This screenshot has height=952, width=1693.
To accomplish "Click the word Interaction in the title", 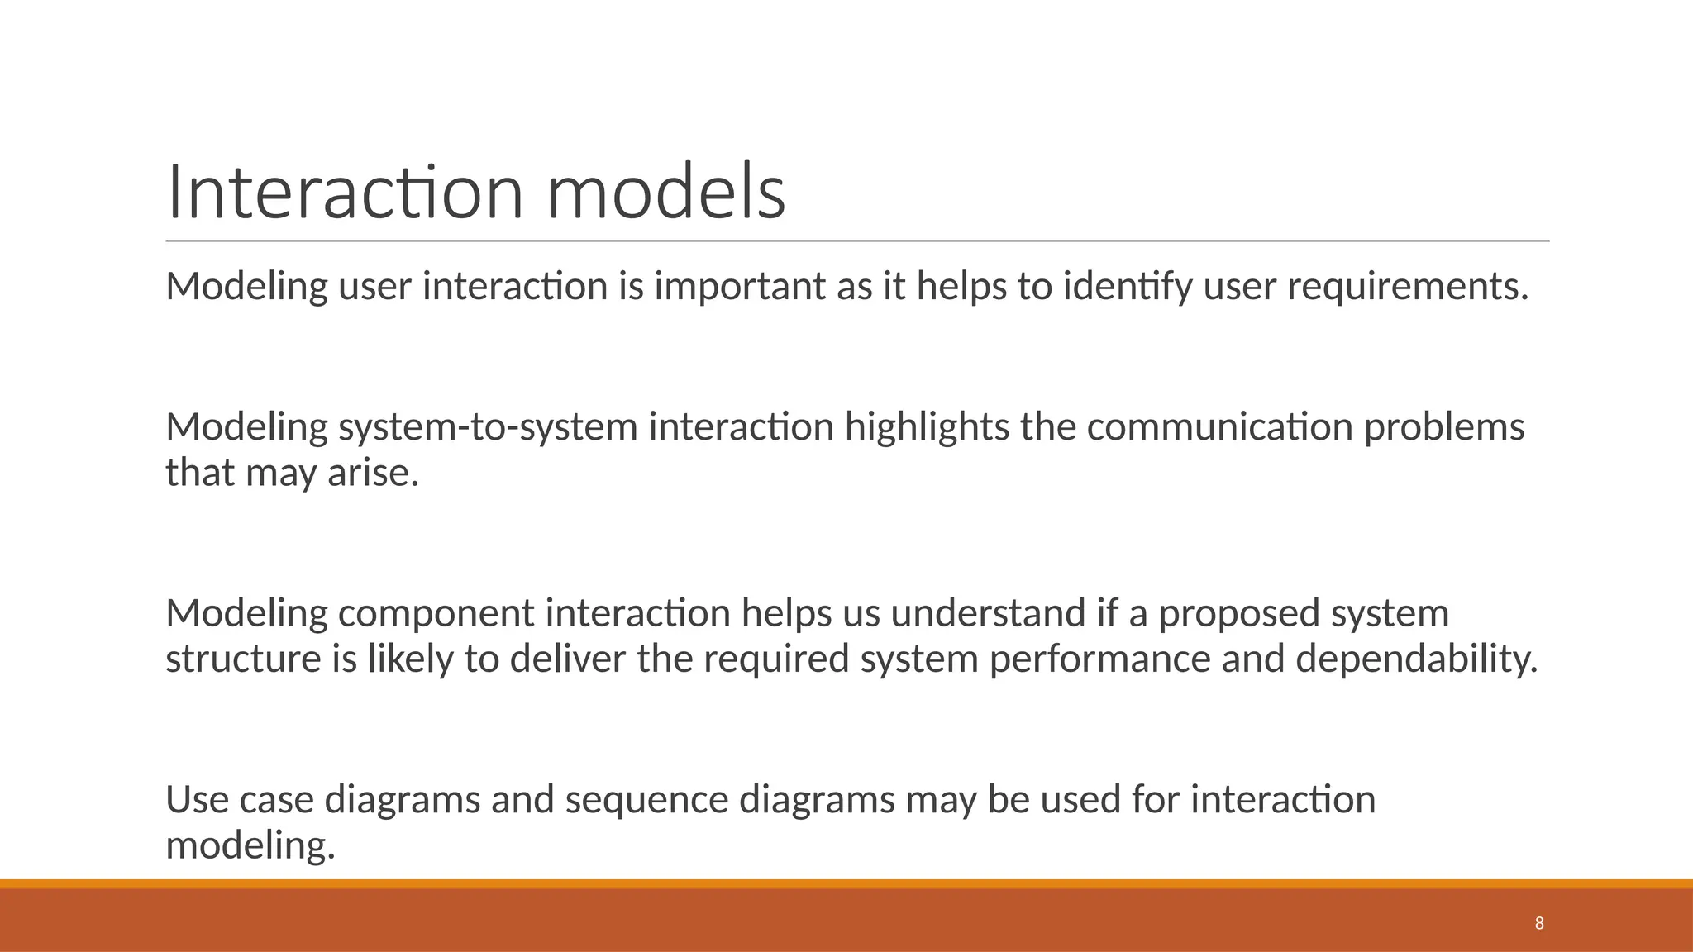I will pyautogui.click(x=345, y=193).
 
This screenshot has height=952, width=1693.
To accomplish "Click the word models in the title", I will pyautogui.click(x=665, y=193).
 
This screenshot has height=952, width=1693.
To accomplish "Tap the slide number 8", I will pyautogui.click(x=1538, y=923).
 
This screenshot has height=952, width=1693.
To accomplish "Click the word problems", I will pyautogui.click(x=1443, y=427).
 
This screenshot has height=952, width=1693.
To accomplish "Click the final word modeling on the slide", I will pyautogui.click(x=250, y=845).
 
